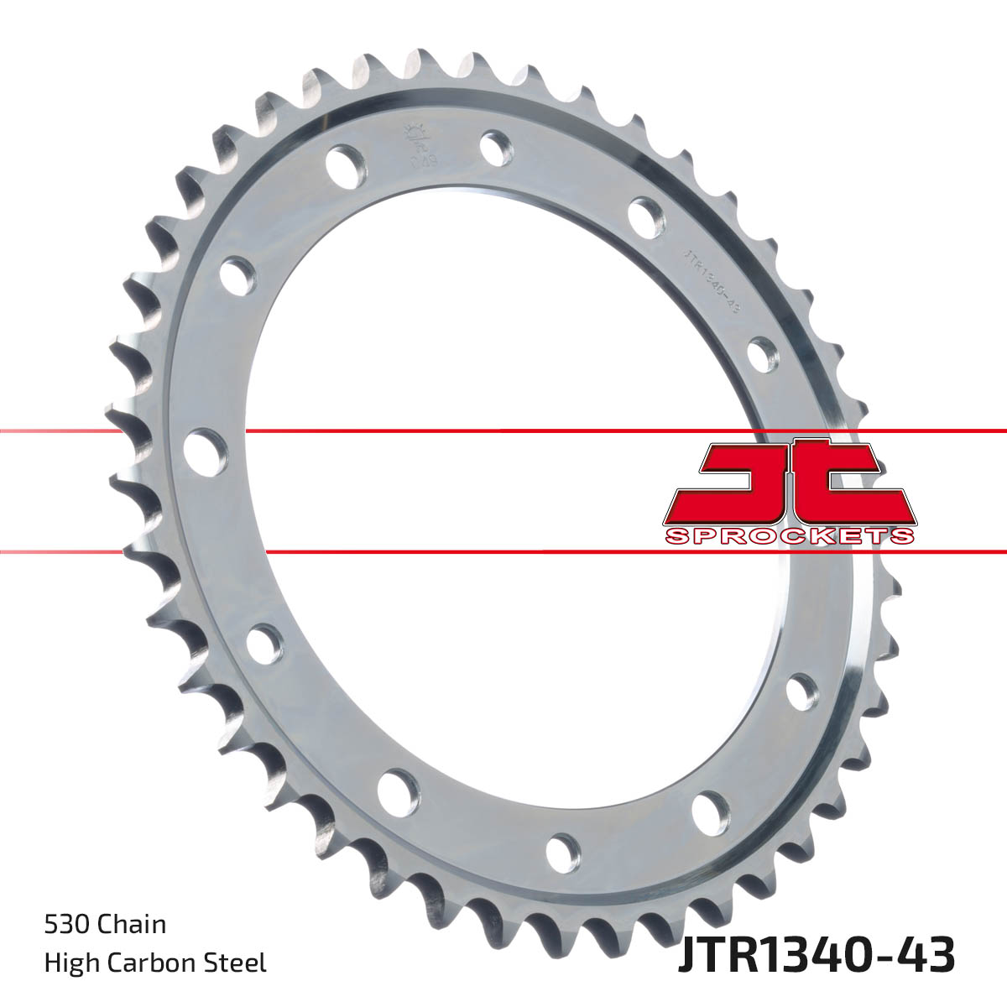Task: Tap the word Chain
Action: (x=132, y=925)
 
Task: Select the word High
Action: (x=69, y=963)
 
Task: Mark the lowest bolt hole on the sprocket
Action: (x=563, y=852)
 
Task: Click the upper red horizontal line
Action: (x=503, y=431)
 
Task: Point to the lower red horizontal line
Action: (x=503, y=552)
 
